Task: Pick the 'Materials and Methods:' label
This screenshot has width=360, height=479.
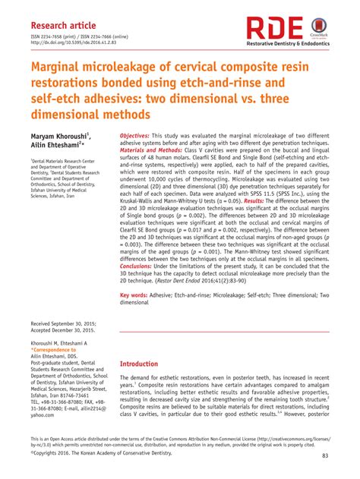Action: [154, 150]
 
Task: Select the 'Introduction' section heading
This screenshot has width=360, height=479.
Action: [147, 364]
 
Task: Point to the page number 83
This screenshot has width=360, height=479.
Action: [325, 455]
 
